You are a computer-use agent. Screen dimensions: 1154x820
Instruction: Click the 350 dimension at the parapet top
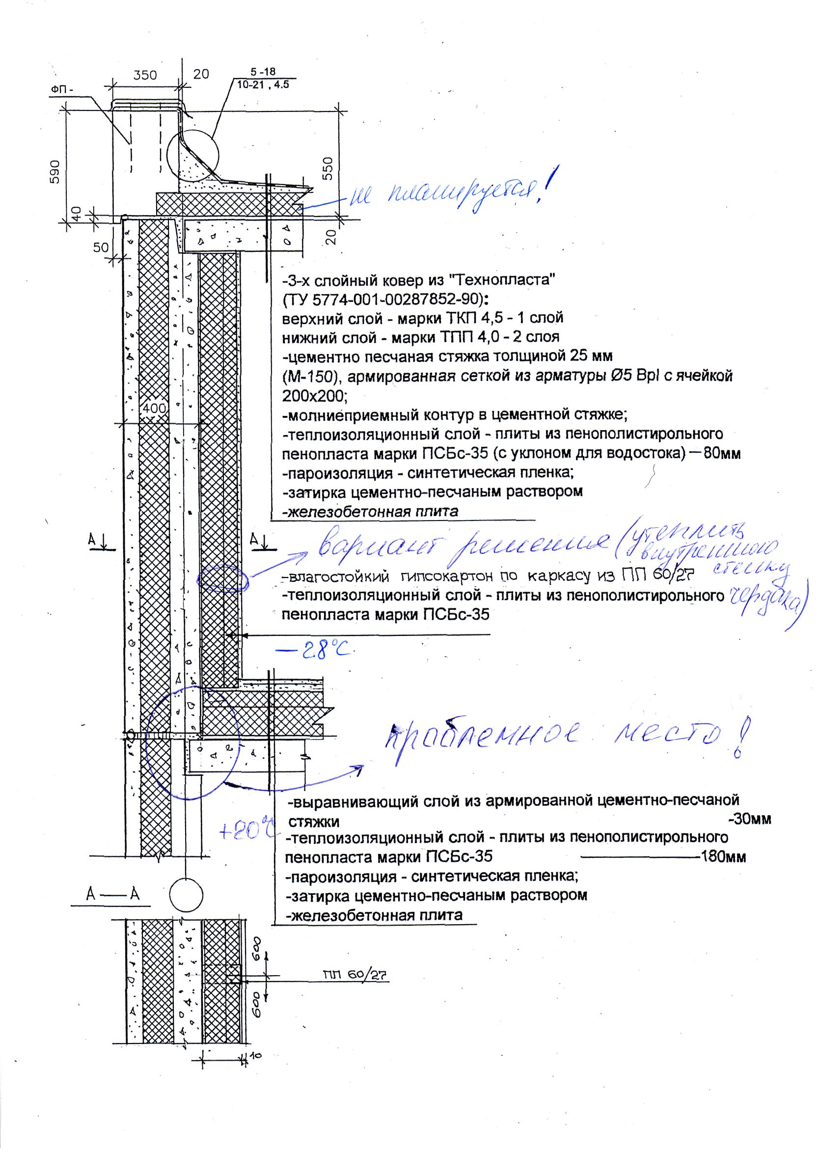(x=145, y=75)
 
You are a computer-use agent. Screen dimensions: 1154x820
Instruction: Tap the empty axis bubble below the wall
(x=186, y=894)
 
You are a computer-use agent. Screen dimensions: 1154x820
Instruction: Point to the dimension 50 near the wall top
(x=101, y=247)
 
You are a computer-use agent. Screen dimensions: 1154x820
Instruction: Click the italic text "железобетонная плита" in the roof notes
(x=371, y=512)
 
